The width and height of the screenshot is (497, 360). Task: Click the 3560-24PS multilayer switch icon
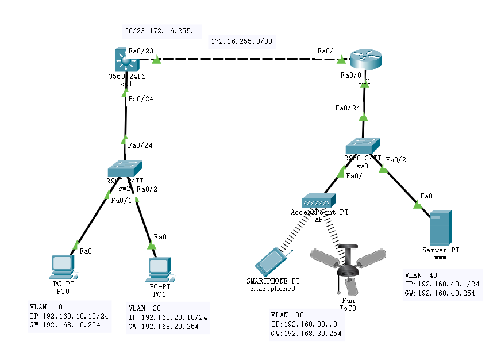[124, 60]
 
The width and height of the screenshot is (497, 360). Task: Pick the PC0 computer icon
[61, 266]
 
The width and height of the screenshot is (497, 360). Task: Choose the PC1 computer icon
[159, 267]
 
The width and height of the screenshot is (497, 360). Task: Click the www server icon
[441, 228]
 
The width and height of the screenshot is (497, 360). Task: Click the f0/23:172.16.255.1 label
[161, 30]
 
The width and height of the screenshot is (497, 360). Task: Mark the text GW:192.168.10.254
[64, 325]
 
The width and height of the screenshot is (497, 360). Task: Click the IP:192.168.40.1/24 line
[442, 284]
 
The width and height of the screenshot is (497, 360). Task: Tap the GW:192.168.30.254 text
[306, 334]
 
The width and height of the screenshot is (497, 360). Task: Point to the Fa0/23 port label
[141, 51]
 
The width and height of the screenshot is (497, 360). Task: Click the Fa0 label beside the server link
[426, 196]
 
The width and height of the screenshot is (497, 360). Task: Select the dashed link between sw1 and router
[247, 59]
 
